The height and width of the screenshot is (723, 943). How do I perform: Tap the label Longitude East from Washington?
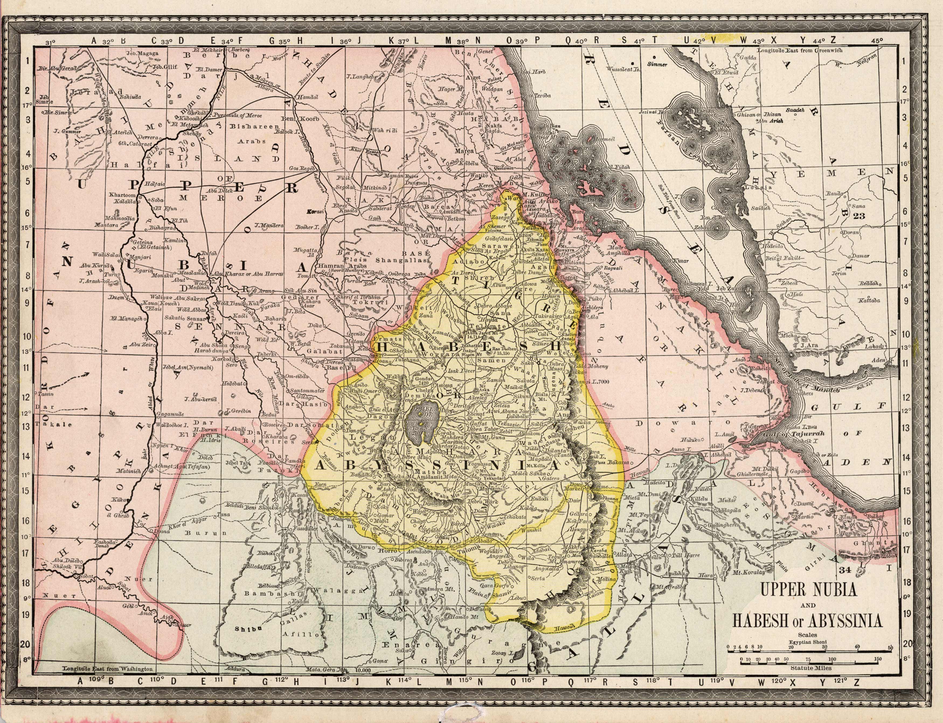(x=108, y=681)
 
